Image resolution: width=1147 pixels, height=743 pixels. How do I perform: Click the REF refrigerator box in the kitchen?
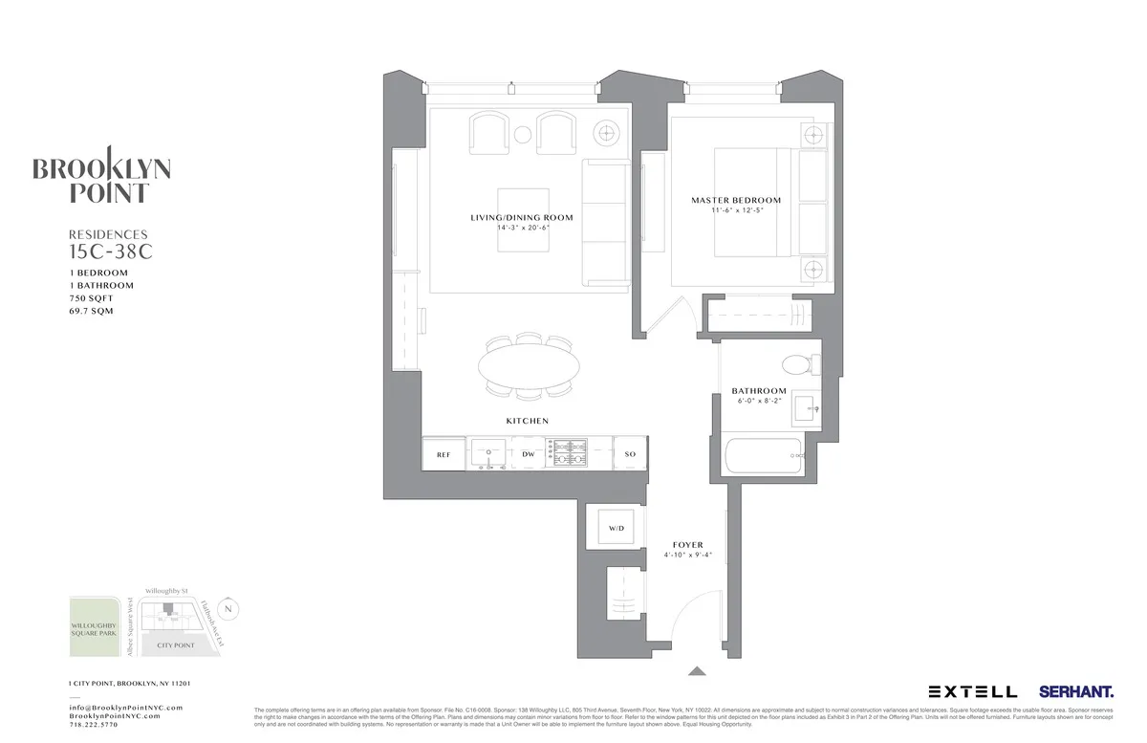pos(444,454)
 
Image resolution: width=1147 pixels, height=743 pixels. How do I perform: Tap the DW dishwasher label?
pos(528,454)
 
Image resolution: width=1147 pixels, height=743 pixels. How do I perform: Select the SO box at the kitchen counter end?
pos(630,454)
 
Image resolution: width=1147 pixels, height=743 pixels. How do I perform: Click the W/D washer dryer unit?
pos(616,528)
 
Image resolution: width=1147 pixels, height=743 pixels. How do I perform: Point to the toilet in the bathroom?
pos(796,364)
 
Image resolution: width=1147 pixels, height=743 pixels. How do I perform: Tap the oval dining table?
pos(529,364)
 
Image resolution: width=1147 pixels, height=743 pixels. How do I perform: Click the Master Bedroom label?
pos(736,201)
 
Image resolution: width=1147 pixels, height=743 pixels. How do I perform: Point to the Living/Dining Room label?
pos(522,218)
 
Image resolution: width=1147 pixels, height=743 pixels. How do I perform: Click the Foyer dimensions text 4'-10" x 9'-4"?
pos(688,555)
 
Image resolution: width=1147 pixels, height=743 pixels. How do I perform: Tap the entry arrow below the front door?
pos(697,671)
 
